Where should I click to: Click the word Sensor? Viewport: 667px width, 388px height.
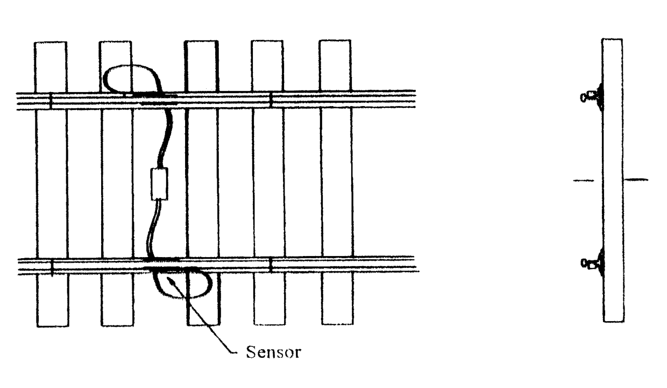(x=273, y=352)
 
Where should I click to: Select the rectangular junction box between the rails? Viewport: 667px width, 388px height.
(x=160, y=184)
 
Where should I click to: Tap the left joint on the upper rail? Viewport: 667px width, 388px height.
(x=51, y=101)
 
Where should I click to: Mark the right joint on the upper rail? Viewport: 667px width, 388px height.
(x=271, y=100)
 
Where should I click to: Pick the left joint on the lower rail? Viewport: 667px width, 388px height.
(x=52, y=267)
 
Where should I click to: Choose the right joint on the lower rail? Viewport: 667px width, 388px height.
(x=271, y=265)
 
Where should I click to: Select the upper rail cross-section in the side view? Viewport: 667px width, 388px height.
(x=593, y=96)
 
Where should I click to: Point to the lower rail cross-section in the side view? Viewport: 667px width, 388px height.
(x=593, y=263)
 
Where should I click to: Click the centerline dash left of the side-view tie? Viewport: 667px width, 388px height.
(x=584, y=181)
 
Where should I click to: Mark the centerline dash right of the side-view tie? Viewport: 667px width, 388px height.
(x=636, y=179)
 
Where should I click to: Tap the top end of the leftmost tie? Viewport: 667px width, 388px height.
(x=51, y=43)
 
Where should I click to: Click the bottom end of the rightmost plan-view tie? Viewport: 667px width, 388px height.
(x=337, y=324)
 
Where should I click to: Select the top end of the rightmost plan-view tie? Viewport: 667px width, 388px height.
(x=335, y=40)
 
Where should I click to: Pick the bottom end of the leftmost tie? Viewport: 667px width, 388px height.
(x=53, y=326)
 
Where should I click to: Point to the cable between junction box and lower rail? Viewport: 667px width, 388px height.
(x=154, y=230)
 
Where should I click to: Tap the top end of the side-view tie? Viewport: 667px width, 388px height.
(x=612, y=39)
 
